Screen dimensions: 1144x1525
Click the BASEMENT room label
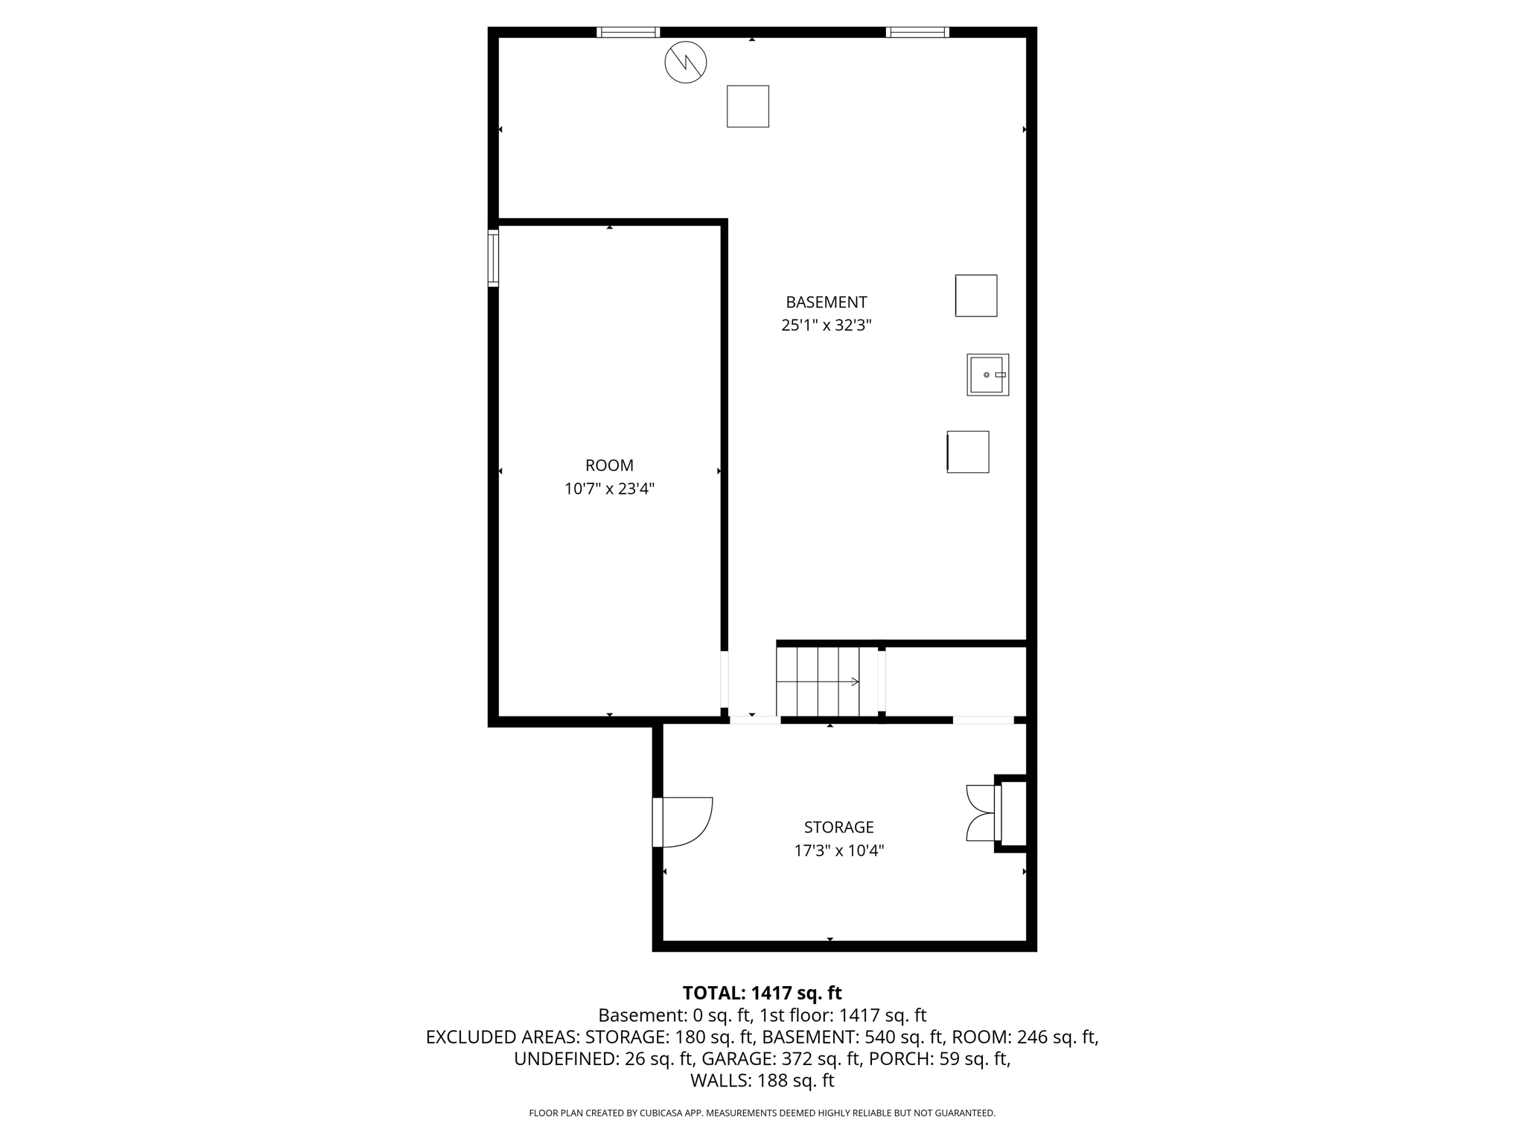(x=826, y=302)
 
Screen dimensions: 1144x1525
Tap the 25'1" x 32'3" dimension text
(x=826, y=325)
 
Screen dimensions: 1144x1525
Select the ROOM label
(x=609, y=465)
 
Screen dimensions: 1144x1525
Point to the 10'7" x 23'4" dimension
(x=609, y=489)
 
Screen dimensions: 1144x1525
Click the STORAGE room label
(x=838, y=827)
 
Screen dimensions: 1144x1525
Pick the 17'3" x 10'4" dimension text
(x=838, y=851)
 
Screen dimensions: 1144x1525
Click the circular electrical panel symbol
(x=685, y=63)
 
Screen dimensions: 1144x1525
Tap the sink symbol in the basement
(x=987, y=375)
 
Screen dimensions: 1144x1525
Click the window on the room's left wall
(x=493, y=258)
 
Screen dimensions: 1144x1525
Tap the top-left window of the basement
(x=628, y=32)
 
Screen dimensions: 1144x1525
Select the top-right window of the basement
(x=917, y=32)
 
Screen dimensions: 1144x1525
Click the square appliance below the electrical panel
(x=748, y=107)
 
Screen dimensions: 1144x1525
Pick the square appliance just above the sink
(x=975, y=296)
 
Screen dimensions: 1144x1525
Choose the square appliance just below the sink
(x=968, y=452)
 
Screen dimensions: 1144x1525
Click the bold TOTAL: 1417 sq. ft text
(x=762, y=993)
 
